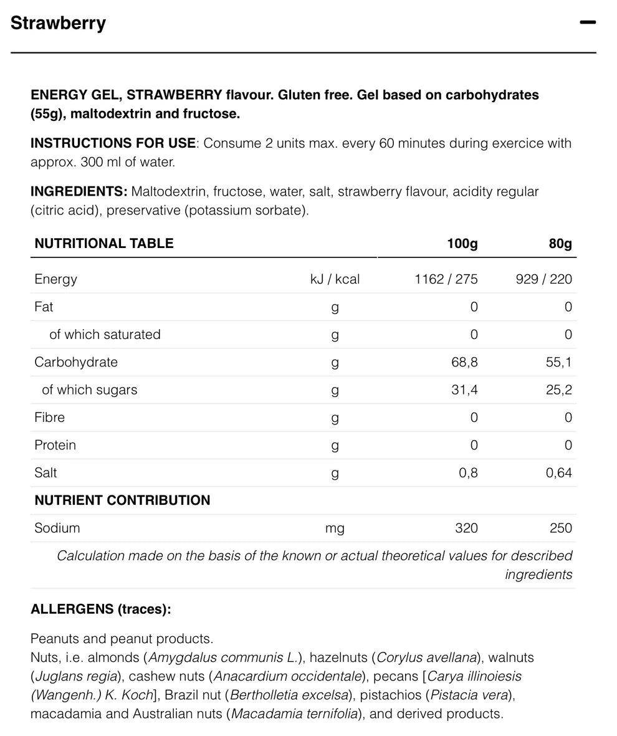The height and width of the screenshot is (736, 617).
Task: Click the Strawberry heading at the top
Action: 59,23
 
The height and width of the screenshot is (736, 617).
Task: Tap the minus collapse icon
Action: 587,22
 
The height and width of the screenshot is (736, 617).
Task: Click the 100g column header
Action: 462,243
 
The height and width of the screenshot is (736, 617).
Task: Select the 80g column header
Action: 560,243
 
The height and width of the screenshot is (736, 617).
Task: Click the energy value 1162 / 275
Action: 446,279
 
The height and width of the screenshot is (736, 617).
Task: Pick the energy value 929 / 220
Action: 543,279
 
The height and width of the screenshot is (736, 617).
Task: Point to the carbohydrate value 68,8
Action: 464,362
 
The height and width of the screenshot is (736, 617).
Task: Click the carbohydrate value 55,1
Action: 558,362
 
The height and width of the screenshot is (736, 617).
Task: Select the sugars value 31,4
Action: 464,390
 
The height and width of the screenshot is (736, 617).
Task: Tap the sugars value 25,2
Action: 558,390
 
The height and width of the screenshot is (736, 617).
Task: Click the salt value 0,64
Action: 558,473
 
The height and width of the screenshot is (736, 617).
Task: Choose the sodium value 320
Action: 466,528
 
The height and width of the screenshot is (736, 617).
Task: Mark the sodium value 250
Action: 560,528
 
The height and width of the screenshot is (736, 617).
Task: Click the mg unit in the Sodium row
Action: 335,528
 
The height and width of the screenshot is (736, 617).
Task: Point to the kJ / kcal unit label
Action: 335,279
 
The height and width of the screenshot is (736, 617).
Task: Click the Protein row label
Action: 55,445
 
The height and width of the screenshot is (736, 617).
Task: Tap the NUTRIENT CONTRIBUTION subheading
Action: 122,500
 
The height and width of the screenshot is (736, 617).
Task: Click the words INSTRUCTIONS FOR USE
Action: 113,143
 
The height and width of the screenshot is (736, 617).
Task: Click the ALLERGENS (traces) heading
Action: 100,609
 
